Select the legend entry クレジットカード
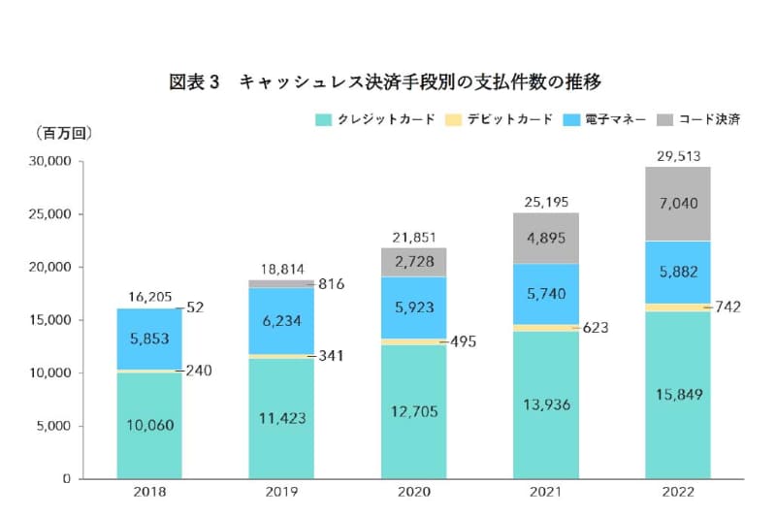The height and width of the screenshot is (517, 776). click(373, 119)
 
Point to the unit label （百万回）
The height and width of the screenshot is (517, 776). click(63, 133)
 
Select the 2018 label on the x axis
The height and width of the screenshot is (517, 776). click(150, 492)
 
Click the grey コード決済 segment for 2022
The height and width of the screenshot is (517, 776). click(678, 204)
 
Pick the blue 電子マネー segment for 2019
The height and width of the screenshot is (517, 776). click(281, 320)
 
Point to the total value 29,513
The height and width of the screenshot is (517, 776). click(677, 155)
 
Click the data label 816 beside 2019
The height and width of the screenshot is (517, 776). click(331, 284)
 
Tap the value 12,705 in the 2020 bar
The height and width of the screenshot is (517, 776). click(414, 411)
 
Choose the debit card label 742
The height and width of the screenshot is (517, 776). click(727, 307)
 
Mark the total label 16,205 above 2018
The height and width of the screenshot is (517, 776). click(149, 299)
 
